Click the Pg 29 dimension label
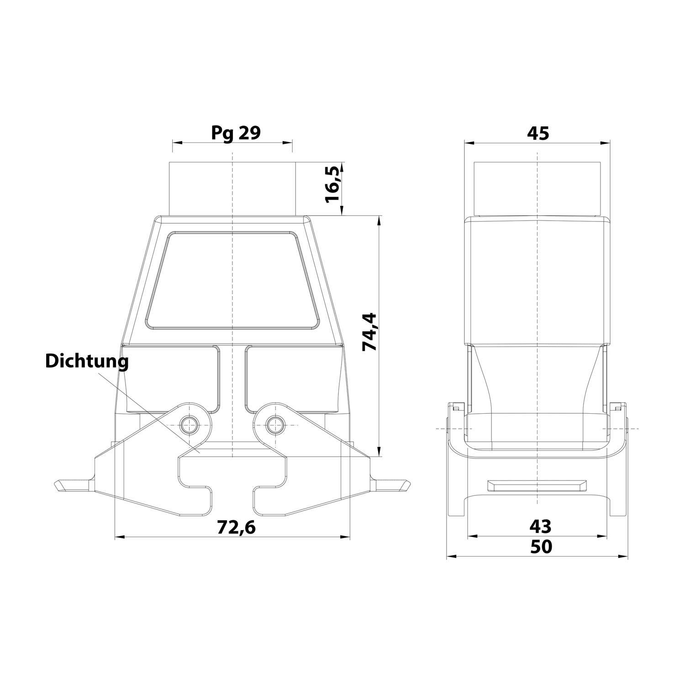pyautogui.click(x=236, y=133)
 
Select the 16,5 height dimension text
pyautogui.click(x=333, y=185)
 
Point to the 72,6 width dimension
pyautogui.click(x=236, y=527)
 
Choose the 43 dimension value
pyautogui.click(x=540, y=527)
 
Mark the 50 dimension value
pyautogui.click(x=541, y=547)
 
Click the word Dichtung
pyautogui.click(x=87, y=361)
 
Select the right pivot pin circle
pyautogui.click(x=274, y=425)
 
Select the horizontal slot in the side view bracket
pyautogui.click(x=537, y=485)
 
